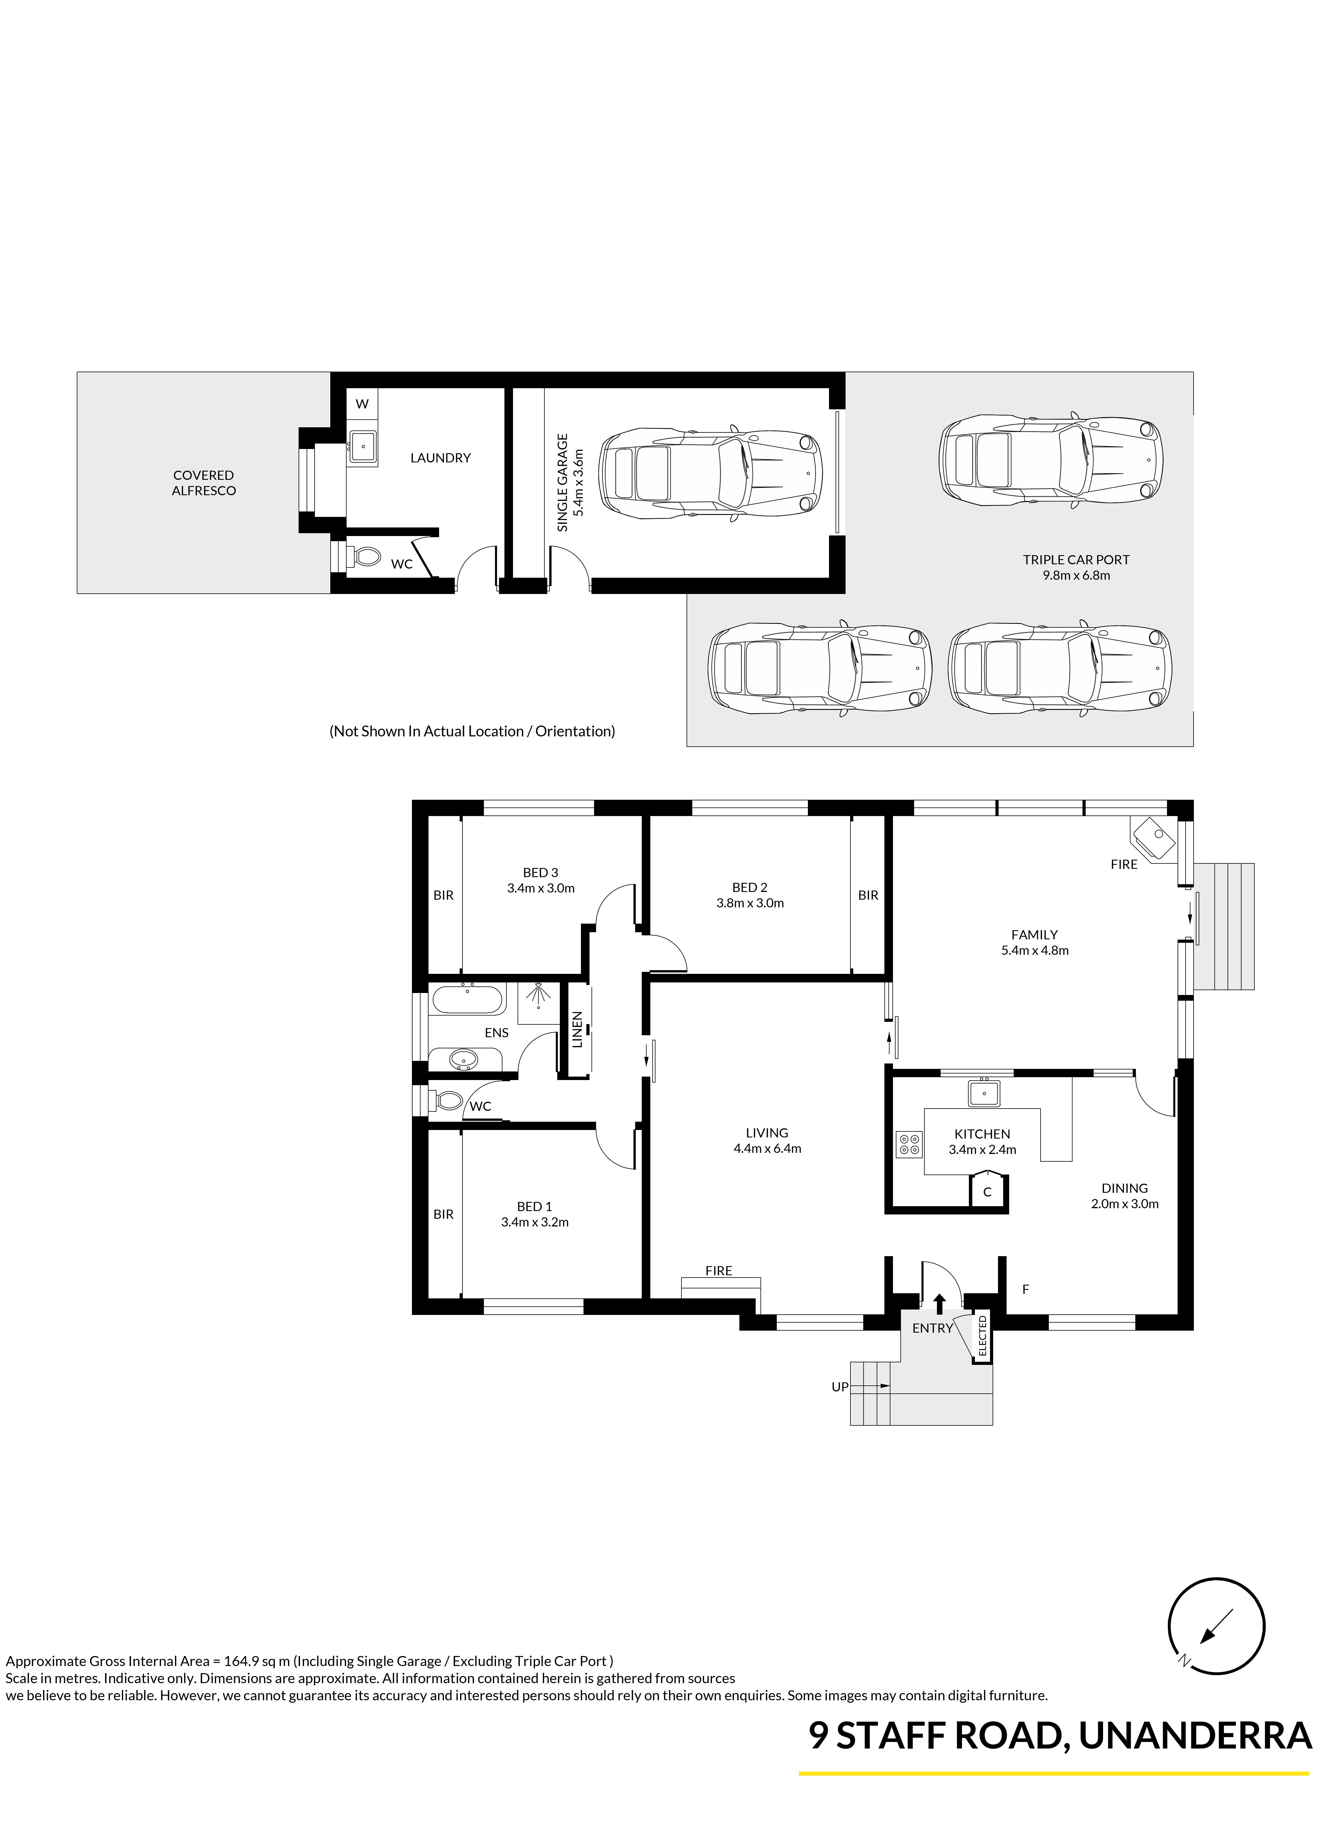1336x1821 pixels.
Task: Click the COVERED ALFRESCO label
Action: (204, 483)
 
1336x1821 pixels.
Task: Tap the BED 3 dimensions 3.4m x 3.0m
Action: (541, 888)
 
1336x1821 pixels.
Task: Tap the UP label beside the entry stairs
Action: (840, 1387)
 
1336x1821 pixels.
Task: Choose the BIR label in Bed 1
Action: (443, 1214)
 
